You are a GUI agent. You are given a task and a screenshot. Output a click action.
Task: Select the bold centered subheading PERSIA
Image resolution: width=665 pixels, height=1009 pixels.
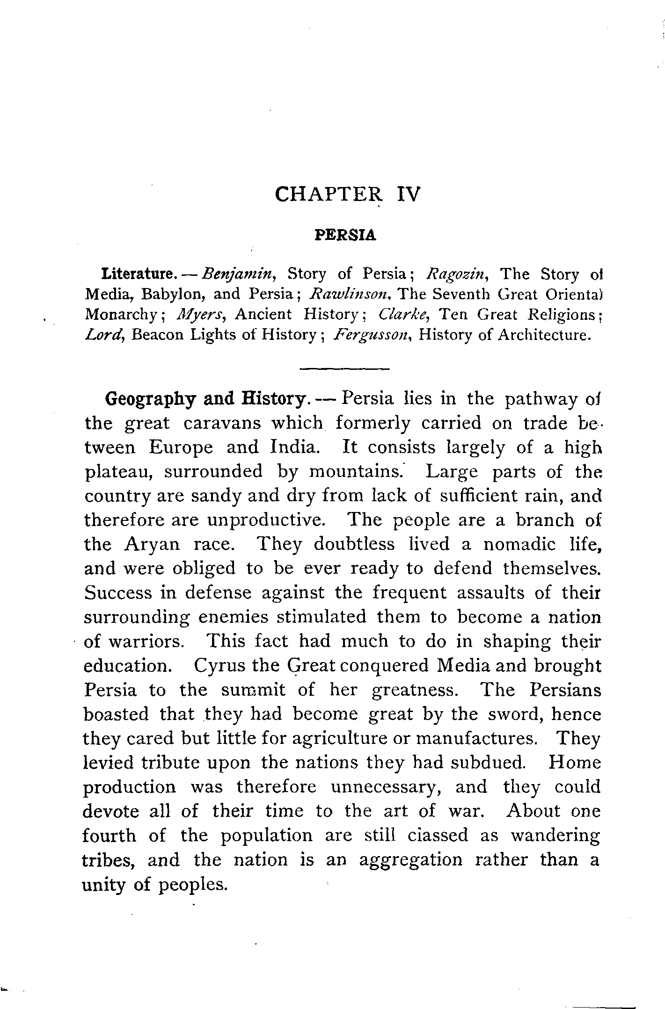(345, 235)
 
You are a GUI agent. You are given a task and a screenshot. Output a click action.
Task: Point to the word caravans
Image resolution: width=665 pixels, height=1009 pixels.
(221, 423)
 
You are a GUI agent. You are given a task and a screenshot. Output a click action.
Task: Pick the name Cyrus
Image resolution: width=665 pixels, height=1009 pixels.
(216, 666)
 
